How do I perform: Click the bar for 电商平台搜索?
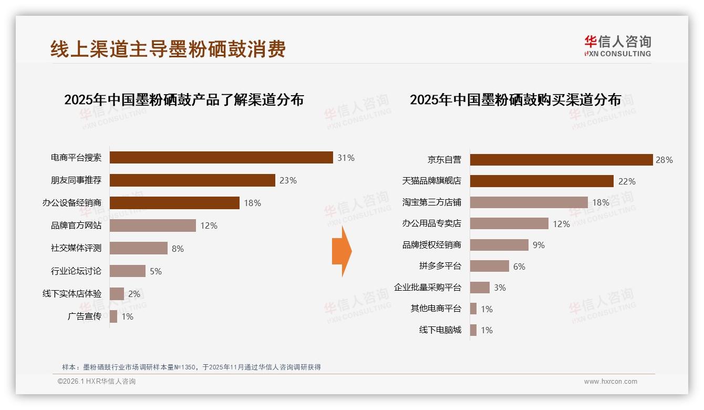point(221,158)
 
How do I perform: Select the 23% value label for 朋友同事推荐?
point(288,180)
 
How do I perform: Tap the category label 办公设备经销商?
point(72,203)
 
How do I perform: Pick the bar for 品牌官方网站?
point(153,225)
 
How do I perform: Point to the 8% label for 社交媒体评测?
point(178,249)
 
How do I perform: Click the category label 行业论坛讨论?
point(76,271)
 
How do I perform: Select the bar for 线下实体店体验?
point(117,294)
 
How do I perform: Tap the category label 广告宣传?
point(85,316)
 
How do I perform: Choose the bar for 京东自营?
point(561,160)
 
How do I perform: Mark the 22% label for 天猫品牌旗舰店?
point(627,181)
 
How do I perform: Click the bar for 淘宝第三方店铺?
point(529,202)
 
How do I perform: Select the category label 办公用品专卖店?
point(431,223)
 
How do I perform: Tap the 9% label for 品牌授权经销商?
point(539,245)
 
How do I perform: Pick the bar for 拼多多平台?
point(490,266)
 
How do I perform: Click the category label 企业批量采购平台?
point(427,288)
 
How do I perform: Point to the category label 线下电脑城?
point(440,330)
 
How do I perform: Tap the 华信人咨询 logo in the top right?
point(617,45)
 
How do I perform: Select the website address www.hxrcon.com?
point(610,382)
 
